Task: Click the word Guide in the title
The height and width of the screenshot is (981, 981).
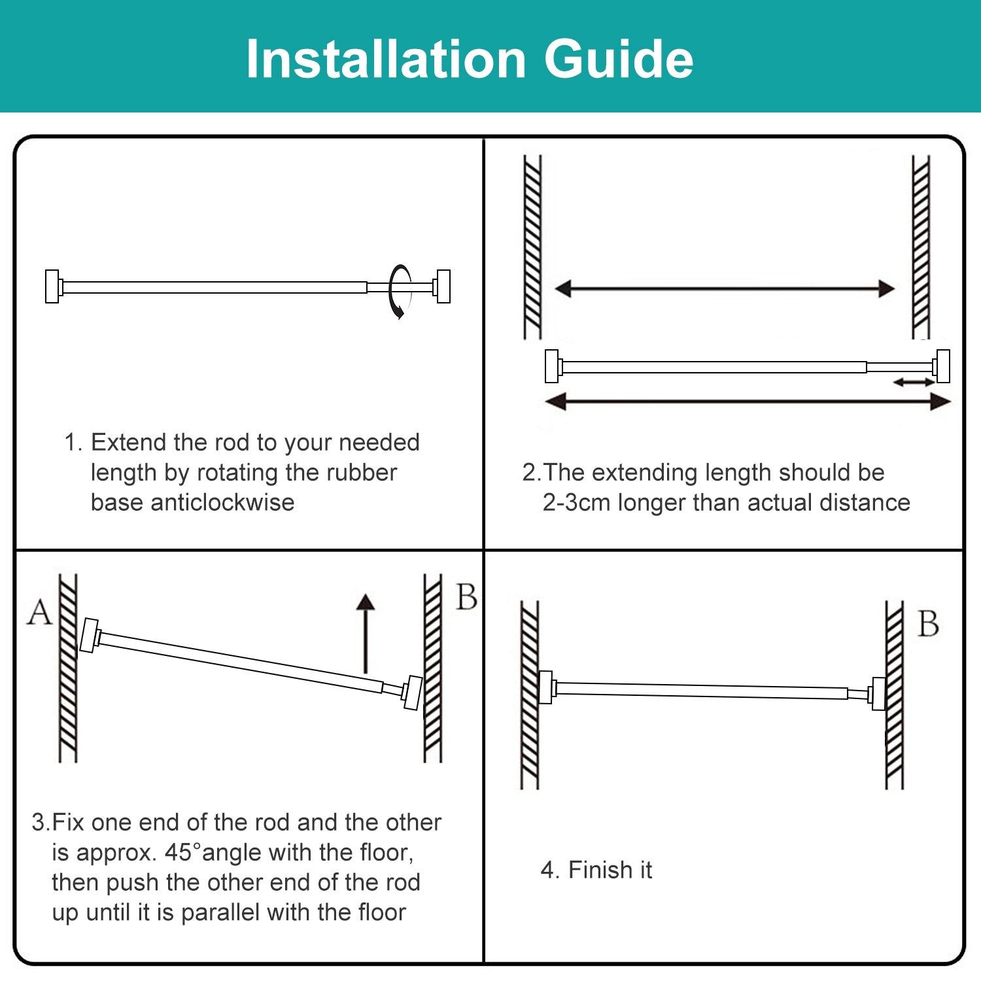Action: point(618,60)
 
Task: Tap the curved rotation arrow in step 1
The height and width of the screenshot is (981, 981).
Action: point(398,291)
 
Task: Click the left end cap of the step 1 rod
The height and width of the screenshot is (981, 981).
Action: point(52,286)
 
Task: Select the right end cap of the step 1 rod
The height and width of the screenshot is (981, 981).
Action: point(443,286)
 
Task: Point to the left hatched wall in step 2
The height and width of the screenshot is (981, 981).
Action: point(532,247)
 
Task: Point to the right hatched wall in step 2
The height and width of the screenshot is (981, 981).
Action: point(921,247)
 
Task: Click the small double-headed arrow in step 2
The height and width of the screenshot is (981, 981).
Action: point(914,382)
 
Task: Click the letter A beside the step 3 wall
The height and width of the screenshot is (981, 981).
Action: point(39,613)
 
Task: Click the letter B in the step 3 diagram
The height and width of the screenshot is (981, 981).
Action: point(466,597)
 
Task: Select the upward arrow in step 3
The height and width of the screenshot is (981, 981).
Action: point(366,633)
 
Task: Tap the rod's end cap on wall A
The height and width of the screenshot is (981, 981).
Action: point(89,635)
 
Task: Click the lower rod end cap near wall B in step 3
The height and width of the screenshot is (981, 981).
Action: point(412,693)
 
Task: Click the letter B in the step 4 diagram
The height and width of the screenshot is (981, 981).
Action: point(928,623)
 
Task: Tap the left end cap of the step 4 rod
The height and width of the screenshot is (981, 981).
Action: point(545,687)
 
